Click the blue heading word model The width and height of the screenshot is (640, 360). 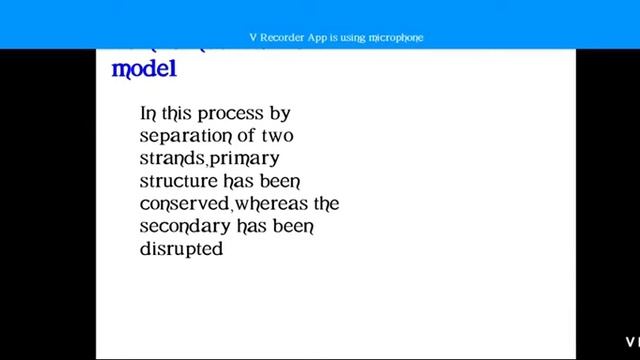[143, 69]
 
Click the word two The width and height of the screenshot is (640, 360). [275, 136]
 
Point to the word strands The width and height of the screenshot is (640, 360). [172, 159]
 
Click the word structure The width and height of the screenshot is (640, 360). [178, 181]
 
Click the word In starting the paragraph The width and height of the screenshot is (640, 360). [148, 114]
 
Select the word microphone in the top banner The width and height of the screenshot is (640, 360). [396, 38]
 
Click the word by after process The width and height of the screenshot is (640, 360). [280, 114]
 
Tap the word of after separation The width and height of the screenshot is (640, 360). [244, 136]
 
